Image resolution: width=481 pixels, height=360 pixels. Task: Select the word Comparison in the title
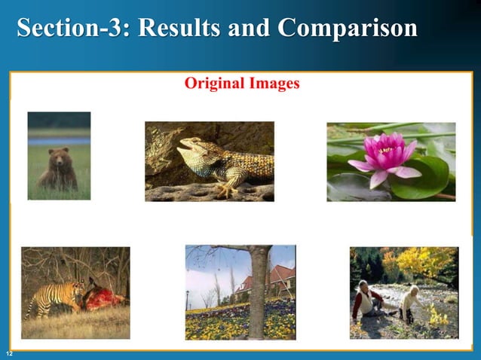pos(347,29)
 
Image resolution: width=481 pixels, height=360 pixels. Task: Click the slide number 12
pos(8,354)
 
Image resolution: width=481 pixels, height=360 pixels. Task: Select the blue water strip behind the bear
pos(59,141)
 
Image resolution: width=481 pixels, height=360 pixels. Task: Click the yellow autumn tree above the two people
pos(422,264)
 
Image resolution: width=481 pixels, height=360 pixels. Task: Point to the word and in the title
pos(250,29)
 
